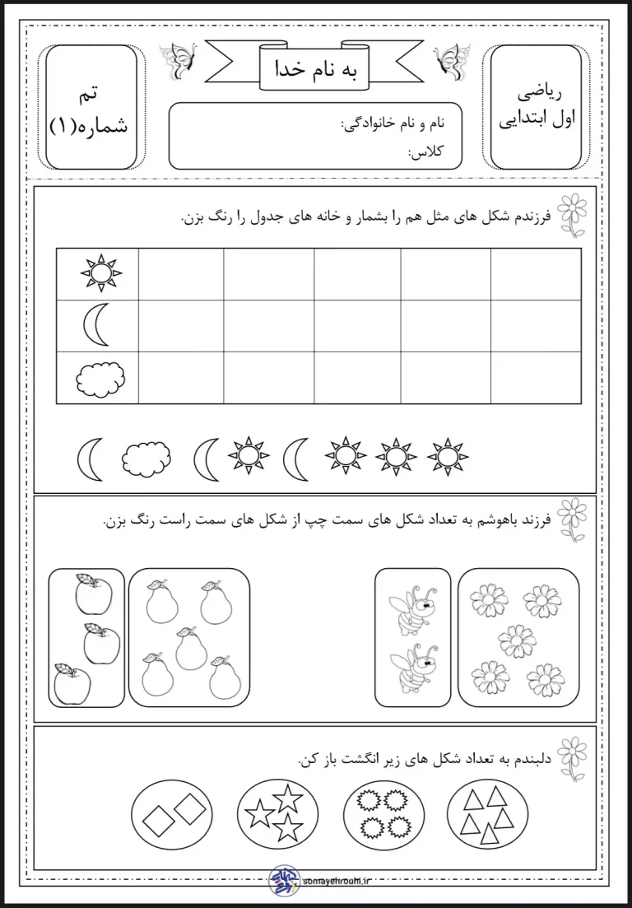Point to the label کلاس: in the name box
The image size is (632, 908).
tap(425, 151)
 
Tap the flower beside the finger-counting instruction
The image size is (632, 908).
tap(573, 754)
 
